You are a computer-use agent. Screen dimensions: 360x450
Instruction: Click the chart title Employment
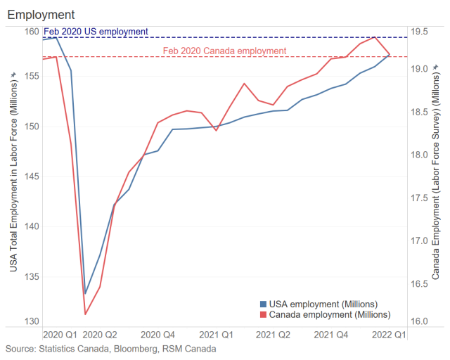41,14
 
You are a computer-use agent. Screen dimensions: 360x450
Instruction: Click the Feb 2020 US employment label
96,32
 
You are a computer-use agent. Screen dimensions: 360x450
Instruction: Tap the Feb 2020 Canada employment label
224,51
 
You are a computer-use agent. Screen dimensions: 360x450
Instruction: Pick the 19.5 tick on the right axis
420,32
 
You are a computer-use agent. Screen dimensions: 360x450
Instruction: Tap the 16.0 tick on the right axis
420,321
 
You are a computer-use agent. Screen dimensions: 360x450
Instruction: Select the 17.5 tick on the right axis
420,198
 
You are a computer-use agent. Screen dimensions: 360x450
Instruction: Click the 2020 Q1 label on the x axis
60,335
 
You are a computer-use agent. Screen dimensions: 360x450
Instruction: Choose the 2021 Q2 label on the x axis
274,335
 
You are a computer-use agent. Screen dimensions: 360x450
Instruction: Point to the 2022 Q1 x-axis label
389,335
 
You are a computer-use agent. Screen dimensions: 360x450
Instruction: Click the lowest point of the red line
85,314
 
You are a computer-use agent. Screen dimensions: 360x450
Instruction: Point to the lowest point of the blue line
85,293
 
